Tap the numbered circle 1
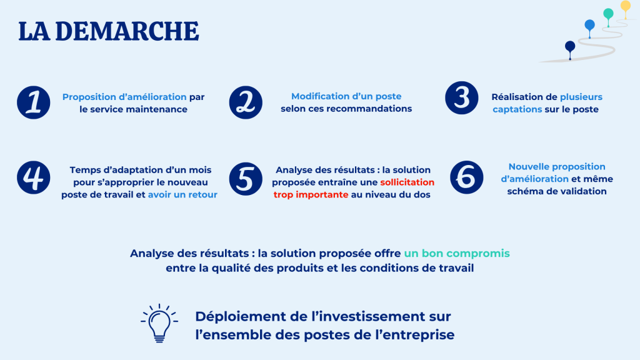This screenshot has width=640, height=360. pyautogui.click(x=34, y=102)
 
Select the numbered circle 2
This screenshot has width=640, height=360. pyautogui.click(x=246, y=102)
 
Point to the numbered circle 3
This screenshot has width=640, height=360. pyautogui.click(x=462, y=98)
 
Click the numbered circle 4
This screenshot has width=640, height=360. pyautogui.click(x=34, y=177)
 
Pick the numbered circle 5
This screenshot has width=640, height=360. pyautogui.click(x=246, y=179)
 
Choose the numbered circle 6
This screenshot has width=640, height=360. pyautogui.click(x=466, y=177)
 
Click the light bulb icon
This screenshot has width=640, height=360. pyautogui.click(x=159, y=323)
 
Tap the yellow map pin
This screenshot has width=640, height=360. pyautogui.click(x=625, y=9)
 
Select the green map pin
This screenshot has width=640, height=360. pyautogui.click(x=608, y=16)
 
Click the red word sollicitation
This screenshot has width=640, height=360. pyautogui.click(x=407, y=182)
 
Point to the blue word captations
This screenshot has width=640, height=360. pyautogui.click(x=517, y=109)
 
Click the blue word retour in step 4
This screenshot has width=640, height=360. pyautogui.click(x=203, y=195)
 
